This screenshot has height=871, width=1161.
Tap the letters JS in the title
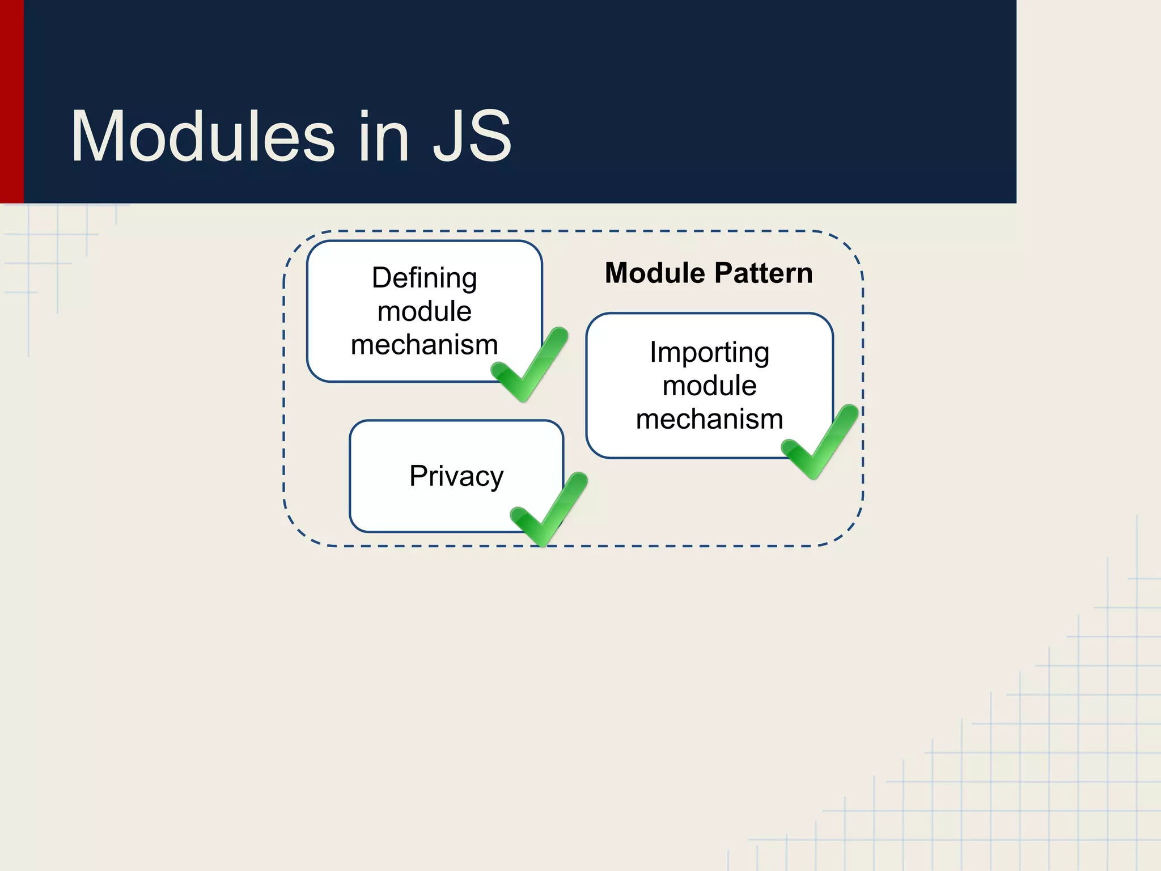click(x=472, y=137)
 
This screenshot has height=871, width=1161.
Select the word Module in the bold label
click(x=649, y=273)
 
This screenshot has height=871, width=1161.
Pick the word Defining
click(x=424, y=278)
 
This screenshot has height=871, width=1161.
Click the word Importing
click(x=709, y=353)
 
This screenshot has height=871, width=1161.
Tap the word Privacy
click(x=456, y=476)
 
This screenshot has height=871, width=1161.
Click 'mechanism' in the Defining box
click(x=424, y=345)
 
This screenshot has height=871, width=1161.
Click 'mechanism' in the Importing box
click(x=709, y=420)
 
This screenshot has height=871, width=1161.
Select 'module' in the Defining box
click(x=424, y=311)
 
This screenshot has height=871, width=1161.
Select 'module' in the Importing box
click(x=709, y=386)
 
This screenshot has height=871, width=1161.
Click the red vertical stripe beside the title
click(x=11, y=102)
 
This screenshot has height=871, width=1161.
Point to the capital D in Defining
click(x=382, y=278)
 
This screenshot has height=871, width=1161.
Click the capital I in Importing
click(x=653, y=352)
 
